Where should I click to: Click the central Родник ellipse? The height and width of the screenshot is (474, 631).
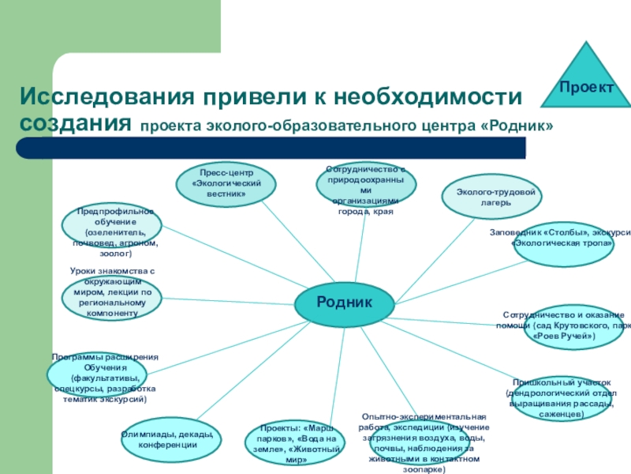(x=344, y=303)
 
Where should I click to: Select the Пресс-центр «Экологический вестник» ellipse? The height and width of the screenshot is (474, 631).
(x=226, y=184)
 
